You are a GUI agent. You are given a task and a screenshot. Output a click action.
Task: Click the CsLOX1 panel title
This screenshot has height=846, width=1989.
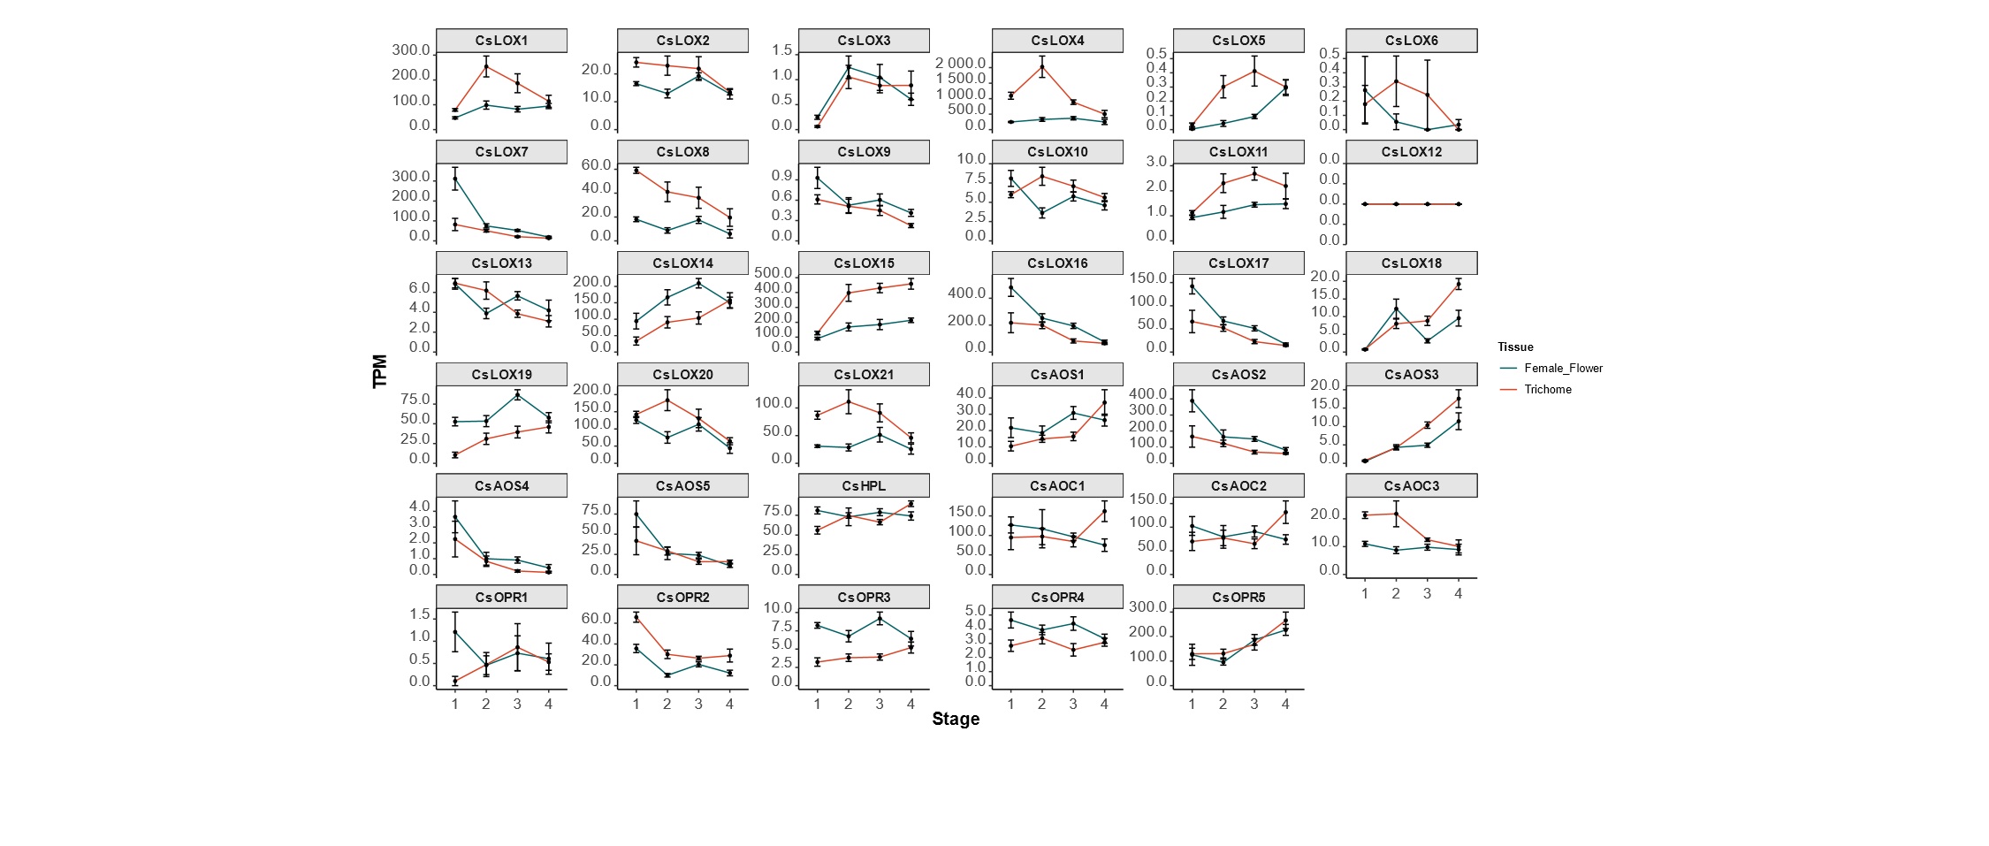tap(501, 41)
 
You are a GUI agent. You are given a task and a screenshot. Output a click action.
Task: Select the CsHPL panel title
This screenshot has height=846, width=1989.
tap(864, 486)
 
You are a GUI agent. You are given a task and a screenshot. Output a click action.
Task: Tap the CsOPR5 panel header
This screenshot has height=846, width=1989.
tap(1238, 598)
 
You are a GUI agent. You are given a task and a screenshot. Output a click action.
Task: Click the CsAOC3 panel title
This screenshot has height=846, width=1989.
tap(1412, 486)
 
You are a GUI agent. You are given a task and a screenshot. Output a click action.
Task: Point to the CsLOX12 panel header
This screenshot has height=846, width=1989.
tap(1412, 152)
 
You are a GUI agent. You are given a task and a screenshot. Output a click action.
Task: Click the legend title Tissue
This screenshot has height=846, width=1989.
tap(1515, 347)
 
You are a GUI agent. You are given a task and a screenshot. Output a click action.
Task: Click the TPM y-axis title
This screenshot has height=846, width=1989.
tap(380, 371)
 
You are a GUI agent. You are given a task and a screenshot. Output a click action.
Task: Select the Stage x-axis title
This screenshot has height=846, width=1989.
tap(956, 719)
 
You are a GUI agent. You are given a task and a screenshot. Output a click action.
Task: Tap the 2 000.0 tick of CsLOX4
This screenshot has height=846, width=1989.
tap(961, 64)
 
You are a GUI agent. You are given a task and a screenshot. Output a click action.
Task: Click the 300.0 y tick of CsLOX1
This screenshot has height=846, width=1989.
tap(411, 50)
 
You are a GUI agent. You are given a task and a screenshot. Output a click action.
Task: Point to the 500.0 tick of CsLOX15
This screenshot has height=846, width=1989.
tap(773, 272)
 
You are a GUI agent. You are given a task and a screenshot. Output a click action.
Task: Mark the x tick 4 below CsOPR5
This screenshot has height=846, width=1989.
tap(1285, 705)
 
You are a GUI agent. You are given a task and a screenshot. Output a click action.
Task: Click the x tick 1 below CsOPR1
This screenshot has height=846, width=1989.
tap(455, 705)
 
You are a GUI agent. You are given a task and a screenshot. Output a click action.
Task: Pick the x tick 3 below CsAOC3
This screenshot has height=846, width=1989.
tap(1427, 594)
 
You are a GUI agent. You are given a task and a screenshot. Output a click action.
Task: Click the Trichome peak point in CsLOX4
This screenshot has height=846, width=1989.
tap(1042, 66)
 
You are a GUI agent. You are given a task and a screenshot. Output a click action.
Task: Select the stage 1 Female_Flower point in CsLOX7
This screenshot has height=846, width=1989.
tap(455, 179)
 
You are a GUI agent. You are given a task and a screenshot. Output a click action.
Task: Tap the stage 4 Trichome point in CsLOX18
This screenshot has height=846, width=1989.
tap(1459, 284)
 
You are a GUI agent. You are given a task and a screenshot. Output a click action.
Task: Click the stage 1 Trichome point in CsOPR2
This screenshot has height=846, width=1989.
tap(636, 617)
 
